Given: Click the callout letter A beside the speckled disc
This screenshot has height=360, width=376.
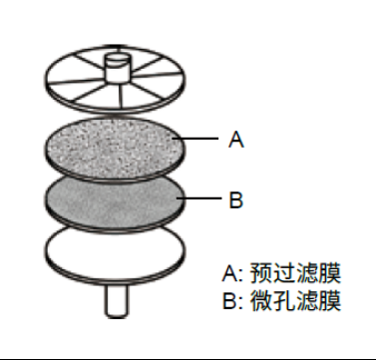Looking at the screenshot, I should (236, 141).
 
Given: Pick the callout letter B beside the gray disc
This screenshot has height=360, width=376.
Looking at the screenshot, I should (236, 200).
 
